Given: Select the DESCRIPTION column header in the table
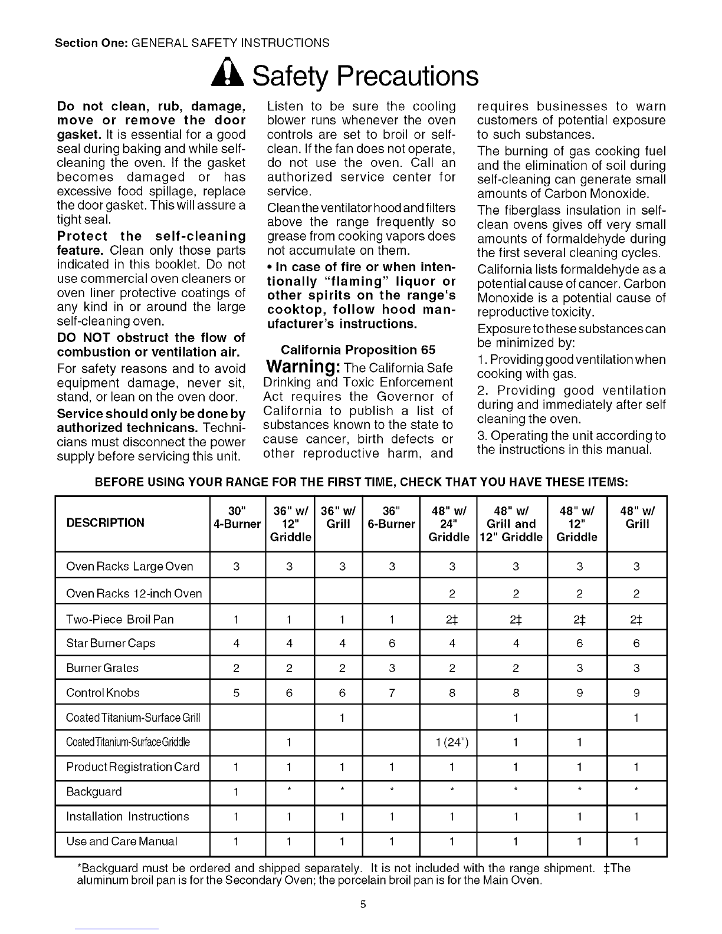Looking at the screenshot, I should click(105, 523).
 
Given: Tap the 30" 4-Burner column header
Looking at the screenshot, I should click(237, 517).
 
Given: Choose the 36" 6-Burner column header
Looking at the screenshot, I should click(391, 517).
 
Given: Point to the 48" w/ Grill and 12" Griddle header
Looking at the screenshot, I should click(511, 523).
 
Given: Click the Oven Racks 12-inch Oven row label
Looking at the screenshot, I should click(134, 594).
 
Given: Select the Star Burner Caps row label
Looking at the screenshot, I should click(111, 643).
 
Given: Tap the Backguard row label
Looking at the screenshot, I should click(94, 792).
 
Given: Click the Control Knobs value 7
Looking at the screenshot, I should click(392, 693).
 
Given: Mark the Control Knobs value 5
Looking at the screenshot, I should click(236, 693).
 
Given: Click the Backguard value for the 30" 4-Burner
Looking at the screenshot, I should click(236, 792).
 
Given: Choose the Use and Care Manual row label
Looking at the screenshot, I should click(122, 841).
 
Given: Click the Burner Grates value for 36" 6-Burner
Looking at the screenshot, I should click(392, 668).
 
